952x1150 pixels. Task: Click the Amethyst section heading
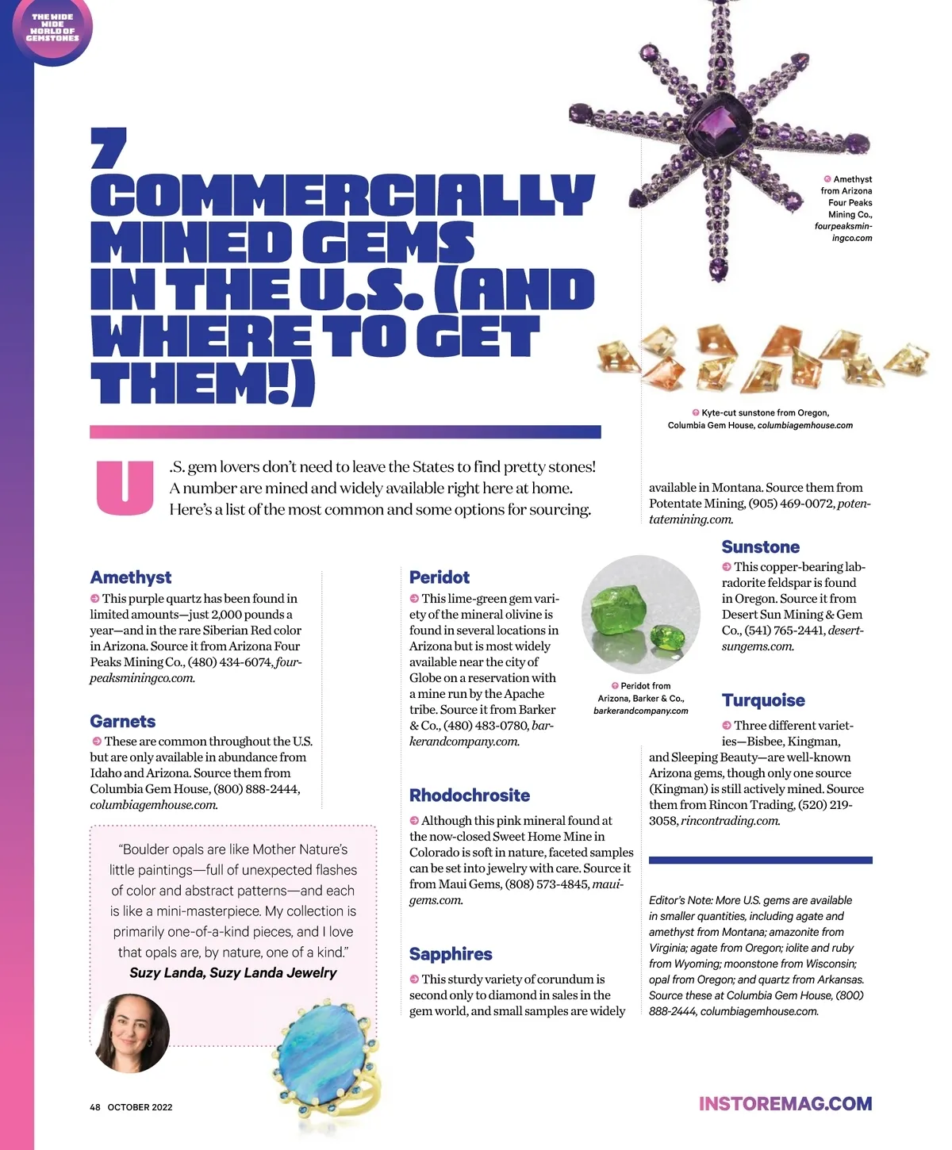pos(130,577)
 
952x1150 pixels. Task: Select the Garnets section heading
pos(122,721)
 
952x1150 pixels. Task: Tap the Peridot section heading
pos(439,577)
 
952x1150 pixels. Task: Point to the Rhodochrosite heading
pos(469,795)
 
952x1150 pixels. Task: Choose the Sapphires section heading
pos(450,954)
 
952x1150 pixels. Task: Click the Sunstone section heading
pos(760,546)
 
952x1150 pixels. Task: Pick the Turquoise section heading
pos(763,700)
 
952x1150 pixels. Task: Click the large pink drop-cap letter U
pos(125,487)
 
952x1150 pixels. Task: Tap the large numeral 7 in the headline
pos(108,148)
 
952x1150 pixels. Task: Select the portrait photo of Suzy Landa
pos(132,1033)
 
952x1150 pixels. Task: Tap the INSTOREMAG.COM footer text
pos(785,1104)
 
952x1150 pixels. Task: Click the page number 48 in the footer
pos(95,1107)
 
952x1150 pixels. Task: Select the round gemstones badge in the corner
pos(52,28)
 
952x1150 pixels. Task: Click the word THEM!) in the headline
pos(202,385)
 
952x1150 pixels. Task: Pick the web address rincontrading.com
pos(730,821)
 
